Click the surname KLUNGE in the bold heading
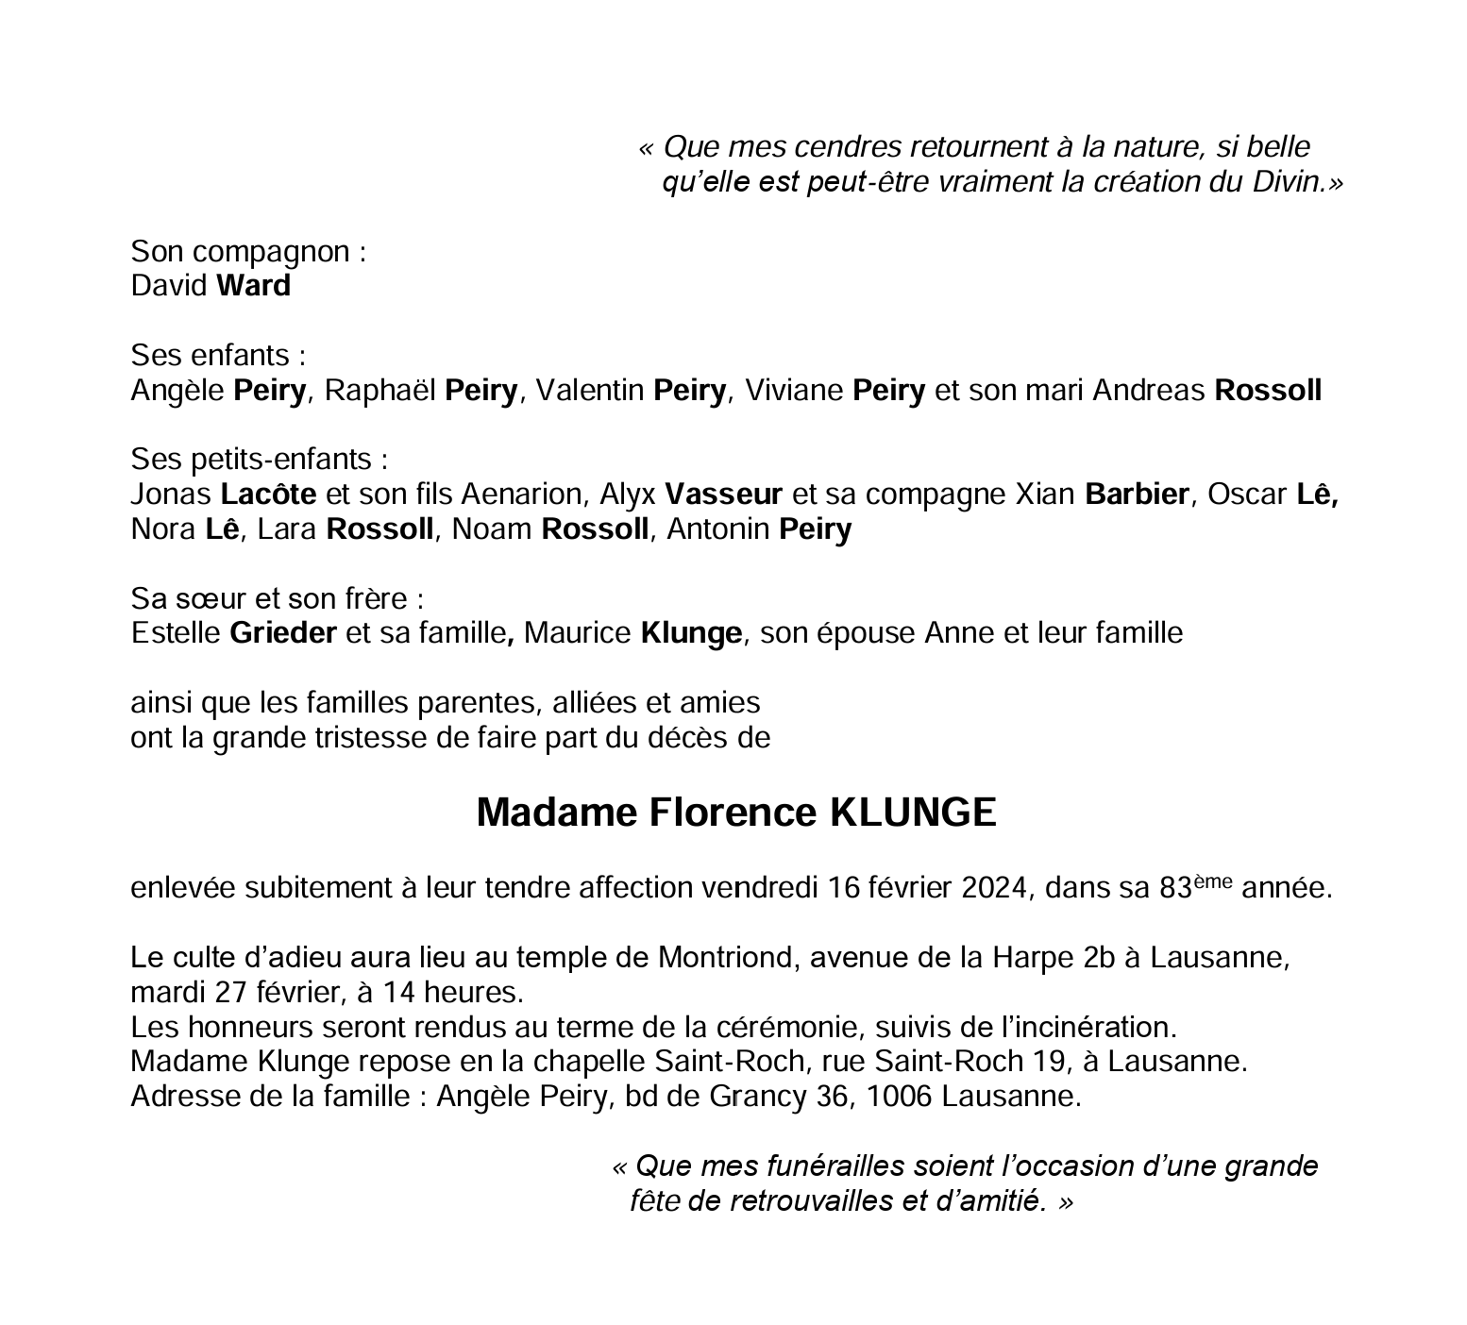point(912,813)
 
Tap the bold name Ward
point(253,285)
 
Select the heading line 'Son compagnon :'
point(248,251)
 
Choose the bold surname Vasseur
point(723,494)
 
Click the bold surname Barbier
point(1137,494)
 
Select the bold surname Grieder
point(283,632)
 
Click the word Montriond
point(723,958)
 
